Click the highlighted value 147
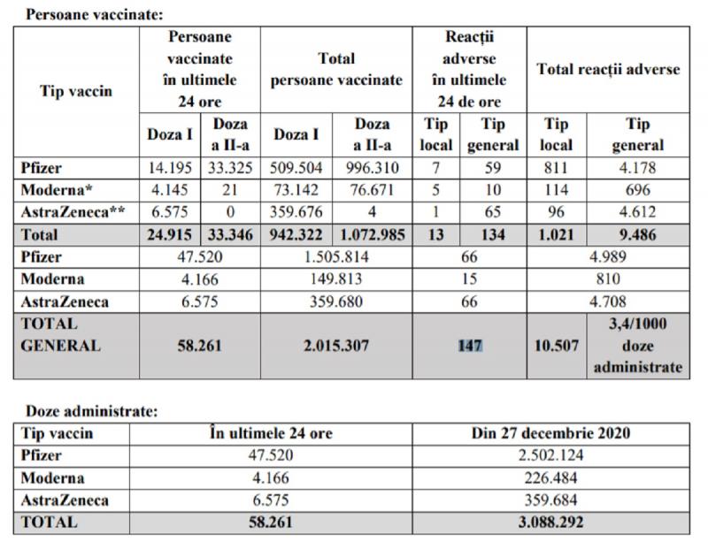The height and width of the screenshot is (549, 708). tap(469, 346)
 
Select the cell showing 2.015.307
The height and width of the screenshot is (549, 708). tap(336, 346)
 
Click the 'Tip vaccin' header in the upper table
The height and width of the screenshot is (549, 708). tap(77, 92)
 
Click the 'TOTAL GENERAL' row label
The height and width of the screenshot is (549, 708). tap(60, 335)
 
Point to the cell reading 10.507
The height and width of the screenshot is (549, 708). tap(557, 346)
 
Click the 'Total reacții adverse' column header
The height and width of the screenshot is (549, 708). tap(608, 70)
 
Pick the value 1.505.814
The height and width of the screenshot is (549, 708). tap(336, 257)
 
